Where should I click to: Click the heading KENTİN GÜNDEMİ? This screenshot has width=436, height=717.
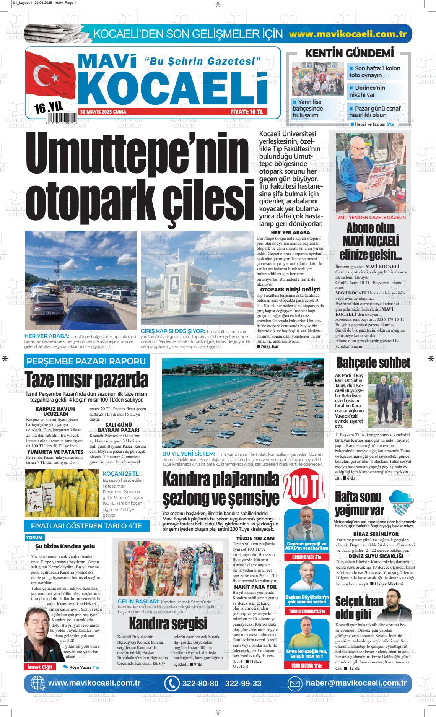349,54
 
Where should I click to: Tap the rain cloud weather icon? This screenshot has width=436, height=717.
401,501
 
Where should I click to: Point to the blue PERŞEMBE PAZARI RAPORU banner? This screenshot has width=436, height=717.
86,361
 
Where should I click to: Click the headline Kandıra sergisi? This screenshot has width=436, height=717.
168,623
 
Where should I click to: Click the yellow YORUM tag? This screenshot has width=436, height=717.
34,537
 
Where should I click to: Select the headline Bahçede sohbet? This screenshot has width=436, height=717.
373,363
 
